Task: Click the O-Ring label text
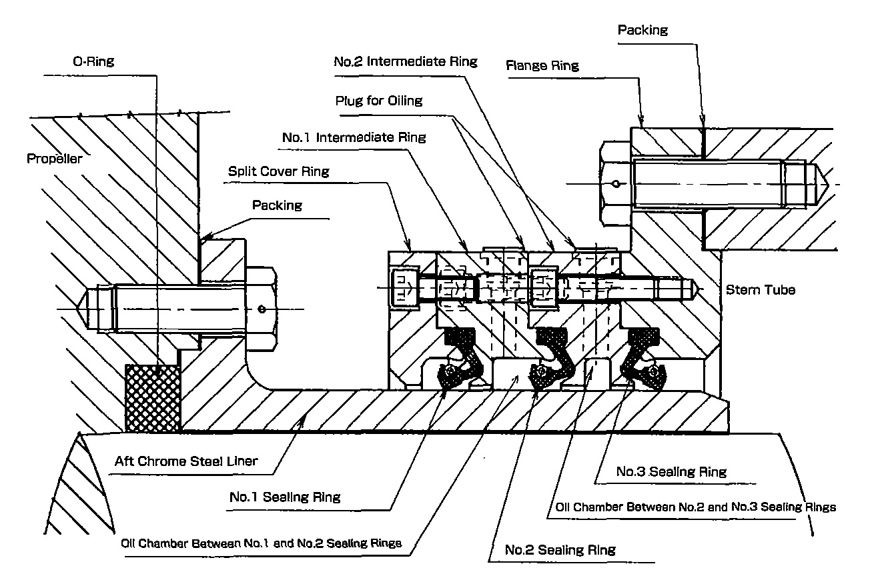pyautogui.click(x=93, y=62)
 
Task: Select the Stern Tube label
pyautogui.click(x=760, y=290)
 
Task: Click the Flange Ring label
pyautogui.click(x=542, y=65)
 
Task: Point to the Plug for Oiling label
pyautogui.click(x=378, y=101)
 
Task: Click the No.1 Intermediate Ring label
pyautogui.click(x=354, y=138)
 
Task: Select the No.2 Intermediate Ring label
pyautogui.click(x=405, y=62)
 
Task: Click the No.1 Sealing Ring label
pyautogui.click(x=284, y=497)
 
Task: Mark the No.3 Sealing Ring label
pyautogui.click(x=671, y=472)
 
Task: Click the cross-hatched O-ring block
pyautogui.click(x=153, y=397)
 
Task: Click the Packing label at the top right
pyautogui.click(x=642, y=30)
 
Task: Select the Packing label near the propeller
pyautogui.click(x=276, y=205)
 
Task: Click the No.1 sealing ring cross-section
pyautogui.click(x=459, y=360)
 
